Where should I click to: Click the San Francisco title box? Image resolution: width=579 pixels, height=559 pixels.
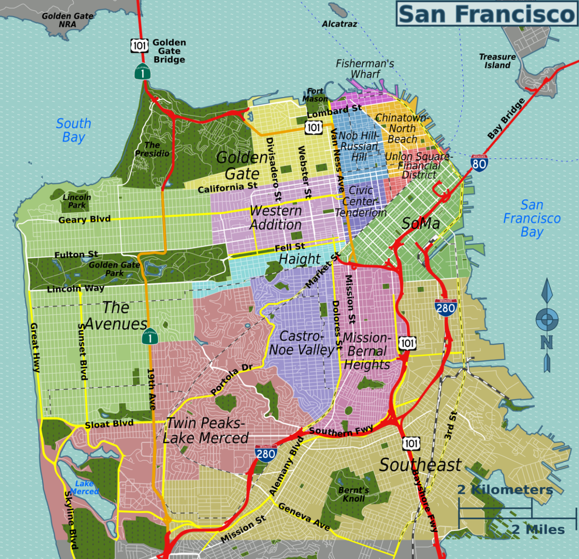coord(487,14)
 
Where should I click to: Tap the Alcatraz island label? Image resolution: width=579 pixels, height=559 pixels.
coord(339,24)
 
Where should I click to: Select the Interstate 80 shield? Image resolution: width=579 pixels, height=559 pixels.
coord(479,163)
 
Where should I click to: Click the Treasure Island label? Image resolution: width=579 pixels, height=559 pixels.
coord(497,61)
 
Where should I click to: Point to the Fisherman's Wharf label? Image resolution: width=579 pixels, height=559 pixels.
coord(365,69)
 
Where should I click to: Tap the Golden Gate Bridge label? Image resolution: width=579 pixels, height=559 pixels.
coord(169,51)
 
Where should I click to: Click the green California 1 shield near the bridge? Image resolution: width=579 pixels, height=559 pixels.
coord(142,72)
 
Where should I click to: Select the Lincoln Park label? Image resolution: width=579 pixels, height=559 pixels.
coord(76,201)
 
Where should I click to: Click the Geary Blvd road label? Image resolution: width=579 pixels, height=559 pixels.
coord(85,219)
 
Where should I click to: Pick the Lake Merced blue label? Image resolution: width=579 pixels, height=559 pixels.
coord(84,488)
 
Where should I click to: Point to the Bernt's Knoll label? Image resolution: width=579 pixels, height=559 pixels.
coord(353,494)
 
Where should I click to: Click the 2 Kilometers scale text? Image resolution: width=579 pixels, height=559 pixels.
coord(504,490)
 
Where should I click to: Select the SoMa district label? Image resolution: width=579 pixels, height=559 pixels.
coord(421,223)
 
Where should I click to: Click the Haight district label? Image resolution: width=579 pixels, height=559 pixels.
coord(299,259)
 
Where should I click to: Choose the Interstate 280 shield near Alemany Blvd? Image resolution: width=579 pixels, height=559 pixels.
coord(266,454)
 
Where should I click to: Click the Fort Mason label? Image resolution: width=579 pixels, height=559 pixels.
coord(315,95)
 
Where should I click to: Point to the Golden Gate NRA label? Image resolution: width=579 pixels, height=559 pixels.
coord(67,20)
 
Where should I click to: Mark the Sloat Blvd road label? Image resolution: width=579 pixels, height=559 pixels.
coord(109,424)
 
